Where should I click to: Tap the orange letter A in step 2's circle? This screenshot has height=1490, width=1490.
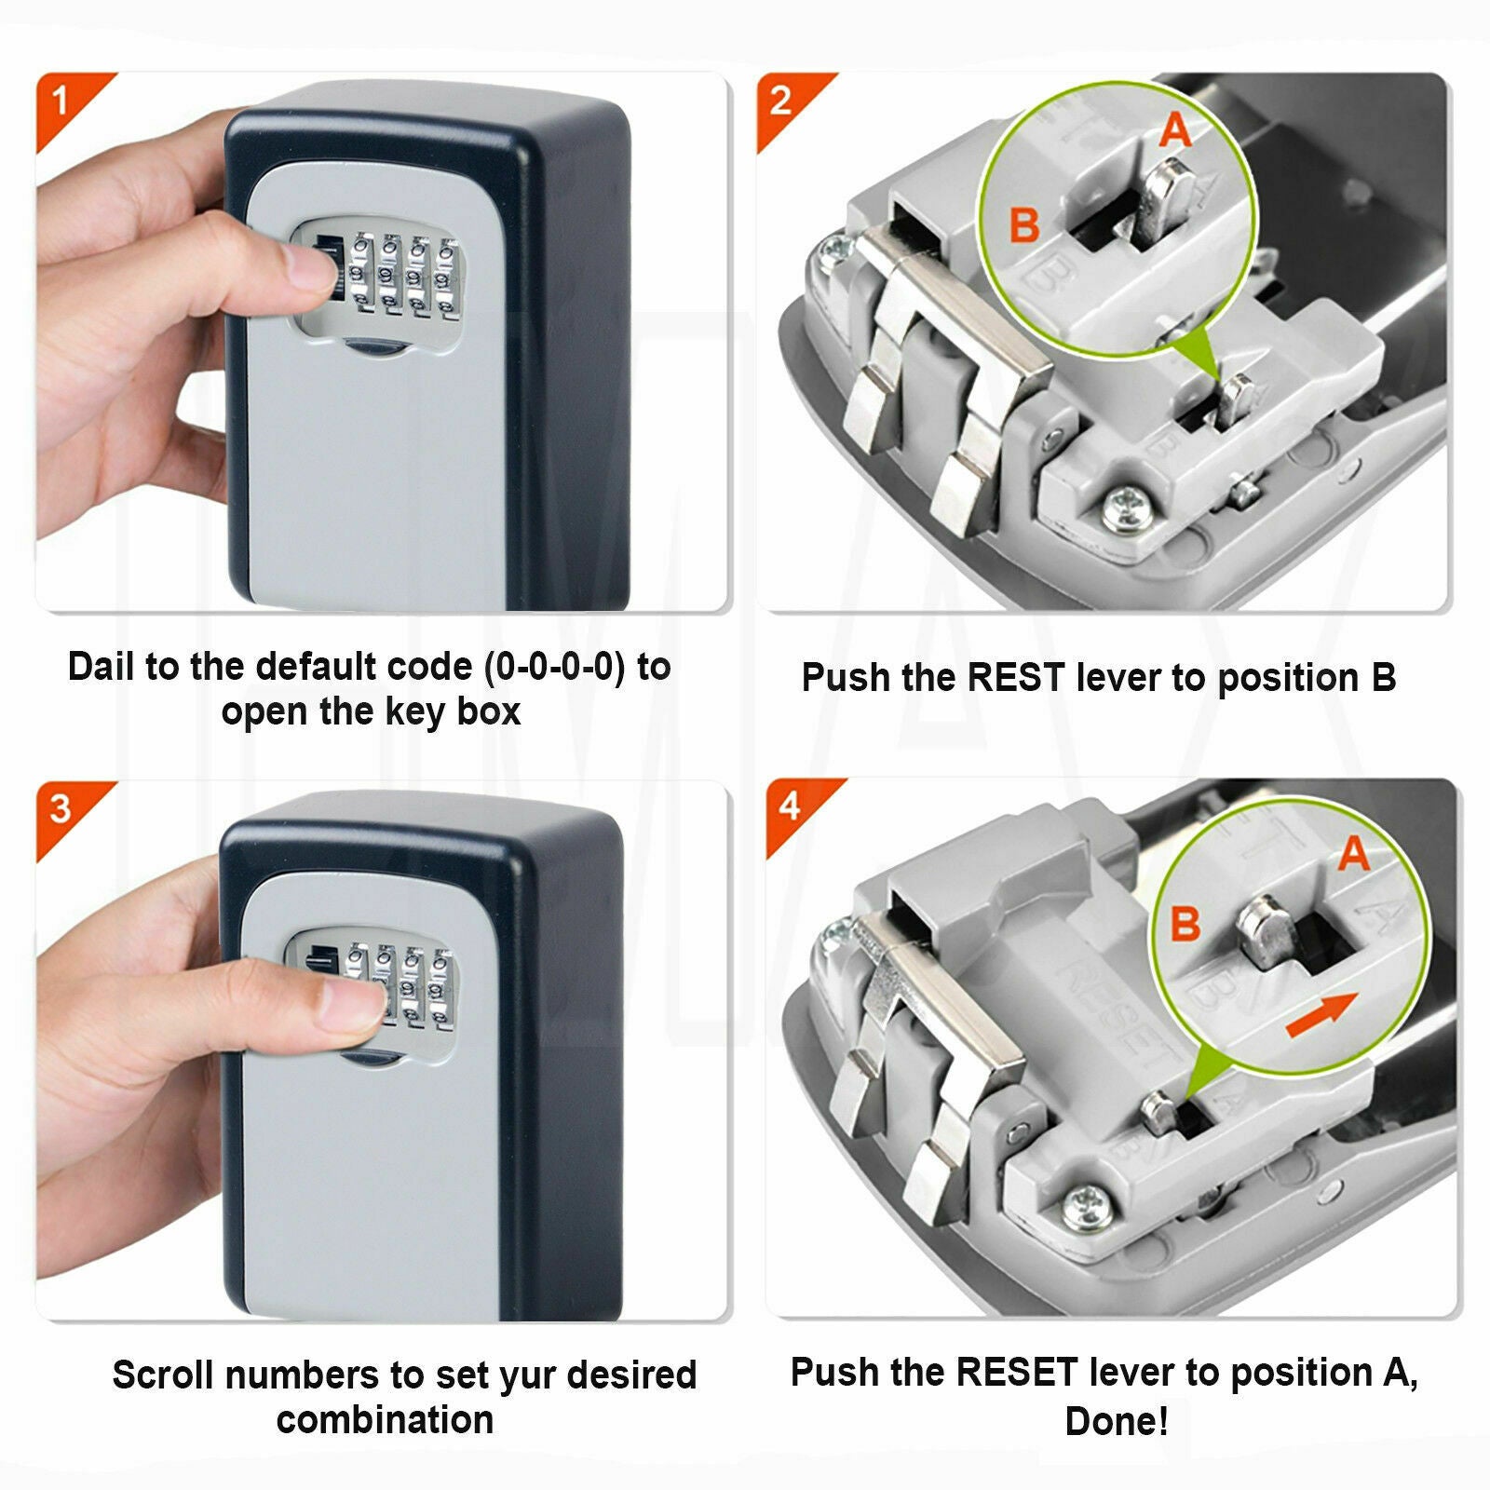pos(1175,129)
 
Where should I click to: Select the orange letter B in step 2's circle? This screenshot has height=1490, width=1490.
pos(1024,224)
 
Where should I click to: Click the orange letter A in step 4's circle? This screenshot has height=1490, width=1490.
pos(1353,852)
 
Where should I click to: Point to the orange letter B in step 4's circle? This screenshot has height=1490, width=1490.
pos(1185,924)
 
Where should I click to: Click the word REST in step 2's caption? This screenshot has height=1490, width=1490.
pos(1017,677)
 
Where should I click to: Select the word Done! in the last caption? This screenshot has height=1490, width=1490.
pos(1117,1421)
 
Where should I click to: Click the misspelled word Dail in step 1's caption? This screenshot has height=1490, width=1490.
pos(102,666)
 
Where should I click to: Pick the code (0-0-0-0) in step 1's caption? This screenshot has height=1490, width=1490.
pos(555,667)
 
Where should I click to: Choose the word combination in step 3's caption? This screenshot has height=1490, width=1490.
pos(385,1419)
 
